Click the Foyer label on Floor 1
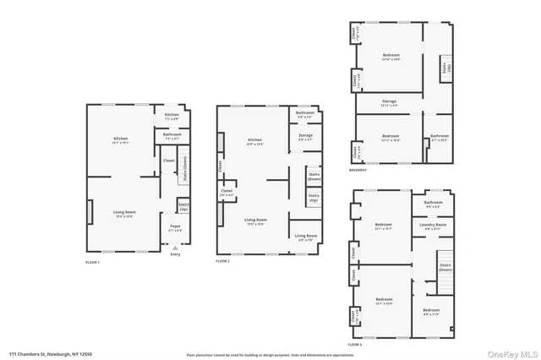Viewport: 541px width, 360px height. (x=175, y=227)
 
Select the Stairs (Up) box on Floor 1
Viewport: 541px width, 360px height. (x=183, y=205)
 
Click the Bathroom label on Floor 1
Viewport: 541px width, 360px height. (x=172, y=134)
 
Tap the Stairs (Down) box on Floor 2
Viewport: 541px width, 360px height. (x=314, y=177)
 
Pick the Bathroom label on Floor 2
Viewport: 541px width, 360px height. (x=305, y=114)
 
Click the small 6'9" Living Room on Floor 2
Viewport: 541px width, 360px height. (x=305, y=237)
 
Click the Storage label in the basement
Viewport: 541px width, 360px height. (x=389, y=103)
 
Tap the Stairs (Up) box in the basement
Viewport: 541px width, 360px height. (x=446, y=68)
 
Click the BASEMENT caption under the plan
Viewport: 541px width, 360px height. (x=358, y=170)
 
